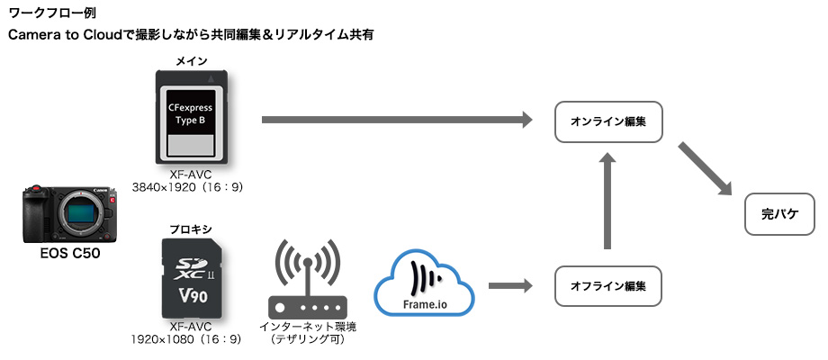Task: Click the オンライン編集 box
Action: (x=608, y=121)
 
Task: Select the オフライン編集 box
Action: (x=608, y=286)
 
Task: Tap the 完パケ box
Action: (x=780, y=215)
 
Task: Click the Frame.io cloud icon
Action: (x=424, y=284)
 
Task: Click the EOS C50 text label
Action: (x=69, y=255)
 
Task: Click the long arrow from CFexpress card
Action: (x=396, y=120)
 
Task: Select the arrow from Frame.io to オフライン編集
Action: (x=509, y=286)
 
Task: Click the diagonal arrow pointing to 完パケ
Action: (x=706, y=167)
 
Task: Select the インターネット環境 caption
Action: (x=307, y=327)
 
